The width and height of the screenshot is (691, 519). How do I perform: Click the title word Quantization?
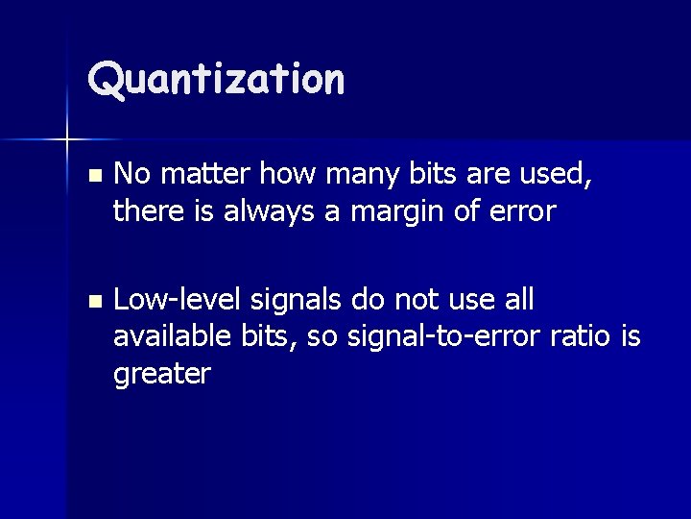[x=216, y=79]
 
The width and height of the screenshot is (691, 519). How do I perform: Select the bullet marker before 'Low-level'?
[x=92, y=302]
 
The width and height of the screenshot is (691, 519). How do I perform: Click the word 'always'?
[x=272, y=210]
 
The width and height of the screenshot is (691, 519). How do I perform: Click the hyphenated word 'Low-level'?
[x=178, y=300]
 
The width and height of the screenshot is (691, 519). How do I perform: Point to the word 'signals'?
[x=296, y=300]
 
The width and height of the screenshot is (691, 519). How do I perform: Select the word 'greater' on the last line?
[x=161, y=373]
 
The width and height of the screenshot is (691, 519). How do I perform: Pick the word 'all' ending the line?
[x=518, y=300]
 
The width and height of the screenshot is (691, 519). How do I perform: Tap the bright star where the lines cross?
[x=67, y=140]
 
